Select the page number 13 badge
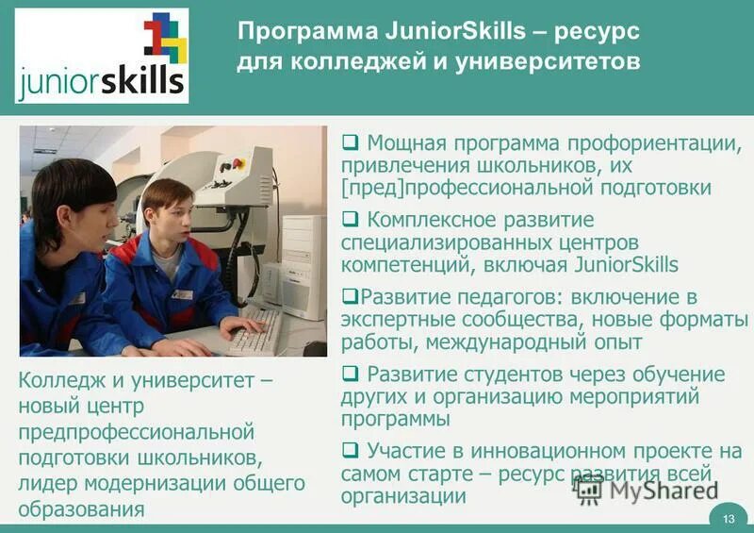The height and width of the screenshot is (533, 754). [x=728, y=518]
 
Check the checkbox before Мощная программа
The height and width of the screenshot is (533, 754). [x=350, y=144]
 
